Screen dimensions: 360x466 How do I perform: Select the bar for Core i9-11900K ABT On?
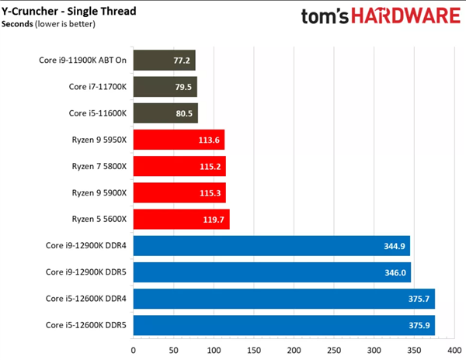tap(164, 60)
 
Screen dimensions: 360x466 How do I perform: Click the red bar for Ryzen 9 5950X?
tap(179, 140)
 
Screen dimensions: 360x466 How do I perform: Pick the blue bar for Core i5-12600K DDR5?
tap(283, 325)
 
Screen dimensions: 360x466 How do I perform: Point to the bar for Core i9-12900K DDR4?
tap(272, 246)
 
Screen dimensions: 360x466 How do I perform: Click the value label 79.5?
tap(184, 87)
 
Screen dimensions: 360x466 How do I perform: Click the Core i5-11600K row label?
tap(96, 113)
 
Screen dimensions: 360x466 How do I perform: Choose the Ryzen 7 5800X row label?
tap(99, 166)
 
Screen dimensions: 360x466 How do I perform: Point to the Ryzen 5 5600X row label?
tap(99, 220)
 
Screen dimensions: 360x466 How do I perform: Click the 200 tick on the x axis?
tap(294, 348)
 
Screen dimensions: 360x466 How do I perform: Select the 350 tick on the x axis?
tap(414, 348)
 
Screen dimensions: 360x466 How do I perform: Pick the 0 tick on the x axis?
tap(134, 348)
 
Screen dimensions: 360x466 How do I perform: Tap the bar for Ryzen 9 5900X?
tap(179, 192)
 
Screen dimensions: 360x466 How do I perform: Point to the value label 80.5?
tap(185, 113)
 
